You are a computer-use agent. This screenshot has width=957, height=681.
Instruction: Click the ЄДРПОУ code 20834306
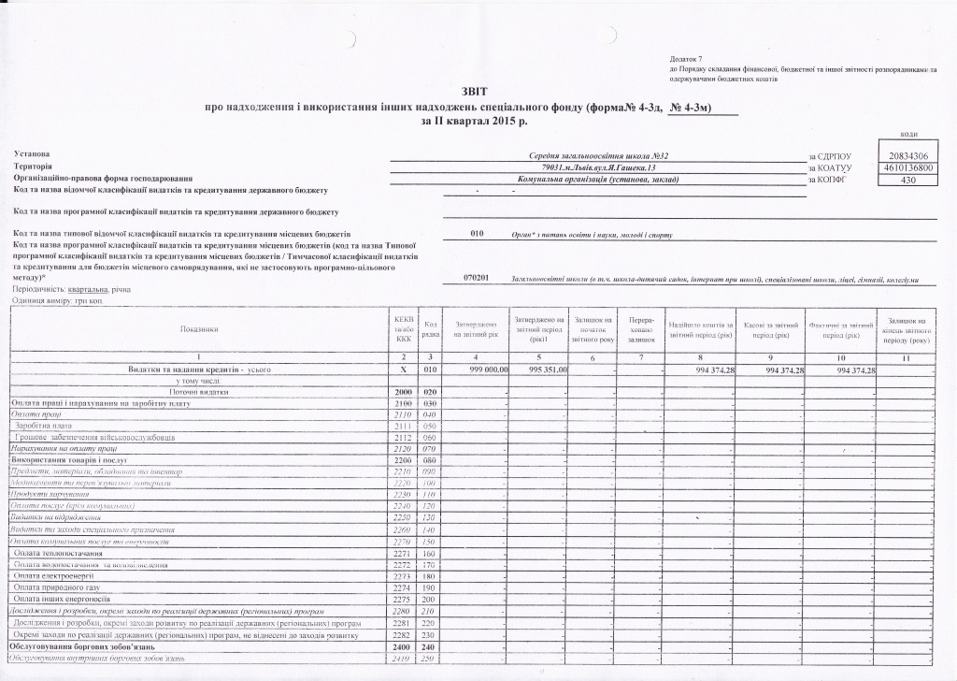click(908, 154)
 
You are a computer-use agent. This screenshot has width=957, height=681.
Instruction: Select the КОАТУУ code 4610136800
click(908, 167)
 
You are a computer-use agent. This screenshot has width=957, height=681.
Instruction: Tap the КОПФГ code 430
click(908, 179)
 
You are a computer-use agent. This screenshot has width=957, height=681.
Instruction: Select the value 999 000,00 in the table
click(480, 370)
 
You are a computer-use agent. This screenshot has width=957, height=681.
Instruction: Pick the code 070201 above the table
click(477, 278)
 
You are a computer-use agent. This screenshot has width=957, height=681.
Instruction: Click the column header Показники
click(198, 328)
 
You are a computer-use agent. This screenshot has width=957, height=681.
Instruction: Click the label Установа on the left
click(30, 153)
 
